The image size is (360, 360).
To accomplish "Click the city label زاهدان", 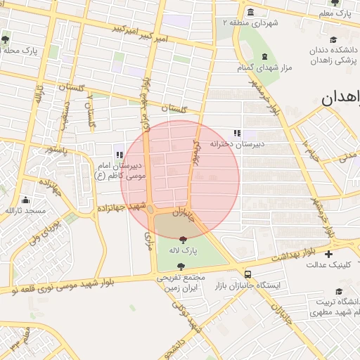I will pyautogui.click(x=340, y=98).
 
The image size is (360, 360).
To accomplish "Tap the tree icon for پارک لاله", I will pyautogui.click(x=184, y=240).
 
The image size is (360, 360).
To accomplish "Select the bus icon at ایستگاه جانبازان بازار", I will pyautogui.click(x=247, y=274).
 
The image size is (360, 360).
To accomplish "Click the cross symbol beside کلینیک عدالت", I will pyautogui.click(x=328, y=253).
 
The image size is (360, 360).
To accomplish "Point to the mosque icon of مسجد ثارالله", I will pyautogui.click(x=25, y=200).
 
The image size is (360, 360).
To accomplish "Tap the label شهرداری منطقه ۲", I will pyautogui.click(x=250, y=22).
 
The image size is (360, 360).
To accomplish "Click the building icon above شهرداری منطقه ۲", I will pyautogui.click(x=251, y=11).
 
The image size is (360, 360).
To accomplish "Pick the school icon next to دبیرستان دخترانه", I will pyautogui.click(x=237, y=133).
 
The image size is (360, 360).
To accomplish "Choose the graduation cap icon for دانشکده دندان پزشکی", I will pyautogui.click(x=333, y=40).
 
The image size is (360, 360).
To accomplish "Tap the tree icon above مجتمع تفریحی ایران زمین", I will pyautogui.click(x=181, y=266).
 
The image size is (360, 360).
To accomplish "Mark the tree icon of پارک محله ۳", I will pyautogui.click(x=6, y=39).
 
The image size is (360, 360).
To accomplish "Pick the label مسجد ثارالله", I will pyautogui.click(x=25, y=211).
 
